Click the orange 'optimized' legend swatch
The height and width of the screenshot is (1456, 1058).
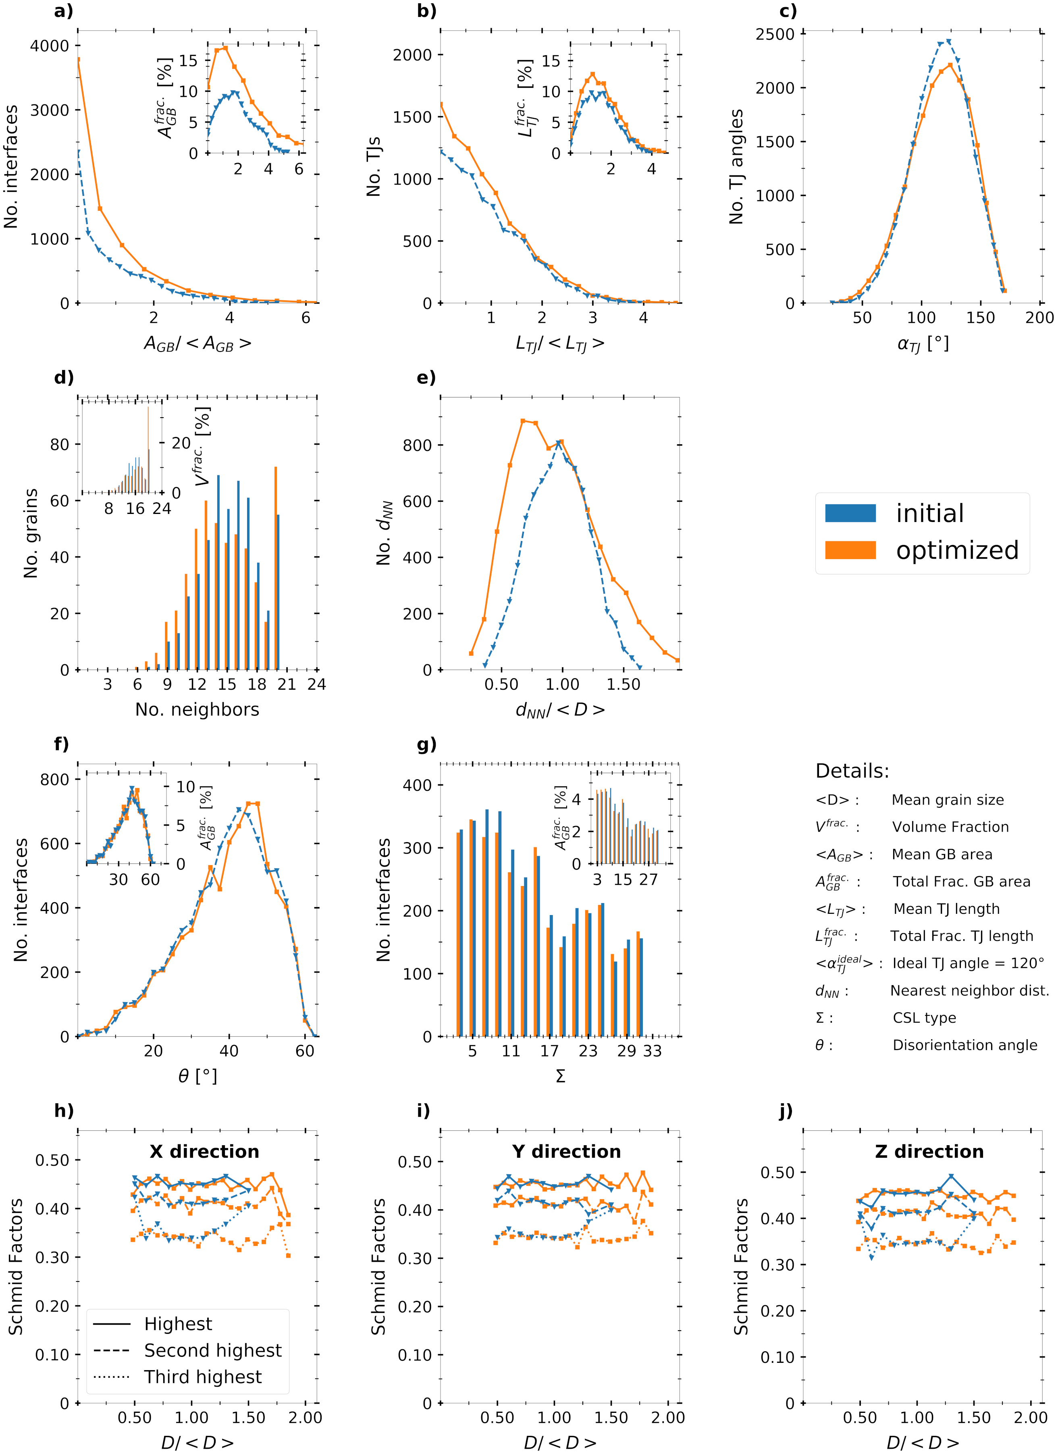tap(850, 550)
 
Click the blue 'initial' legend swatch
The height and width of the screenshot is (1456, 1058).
tap(850, 513)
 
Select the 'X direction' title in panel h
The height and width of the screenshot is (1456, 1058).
tap(204, 1152)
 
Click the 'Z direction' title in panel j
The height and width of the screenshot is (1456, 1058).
tap(929, 1152)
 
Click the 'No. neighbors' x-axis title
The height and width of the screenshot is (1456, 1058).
tap(197, 709)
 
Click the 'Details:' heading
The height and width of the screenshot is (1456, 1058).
tap(852, 771)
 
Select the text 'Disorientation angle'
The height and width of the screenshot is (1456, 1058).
tap(964, 1045)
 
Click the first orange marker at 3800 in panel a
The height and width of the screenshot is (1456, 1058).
tap(78, 60)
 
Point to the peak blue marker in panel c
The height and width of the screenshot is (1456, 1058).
tap(949, 42)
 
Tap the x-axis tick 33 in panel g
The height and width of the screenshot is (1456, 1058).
tap(652, 1051)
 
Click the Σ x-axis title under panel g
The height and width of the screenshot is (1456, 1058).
tap(560, 1077)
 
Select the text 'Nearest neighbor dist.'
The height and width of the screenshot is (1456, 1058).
tap(969, 990)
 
